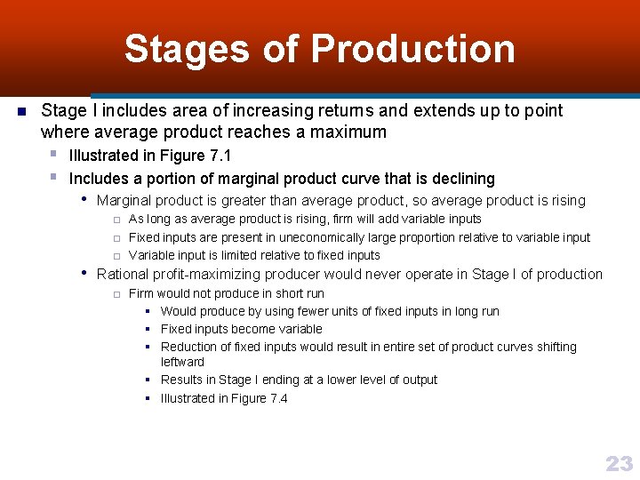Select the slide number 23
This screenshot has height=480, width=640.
point(619,463)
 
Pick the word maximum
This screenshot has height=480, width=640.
point(351,132)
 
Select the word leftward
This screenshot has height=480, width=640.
point(182,362)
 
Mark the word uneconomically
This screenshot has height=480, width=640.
point(324,237)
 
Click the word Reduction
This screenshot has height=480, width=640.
point(188,347)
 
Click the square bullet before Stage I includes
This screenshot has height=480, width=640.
point(20,111)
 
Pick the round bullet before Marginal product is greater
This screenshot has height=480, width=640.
point(84,200)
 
